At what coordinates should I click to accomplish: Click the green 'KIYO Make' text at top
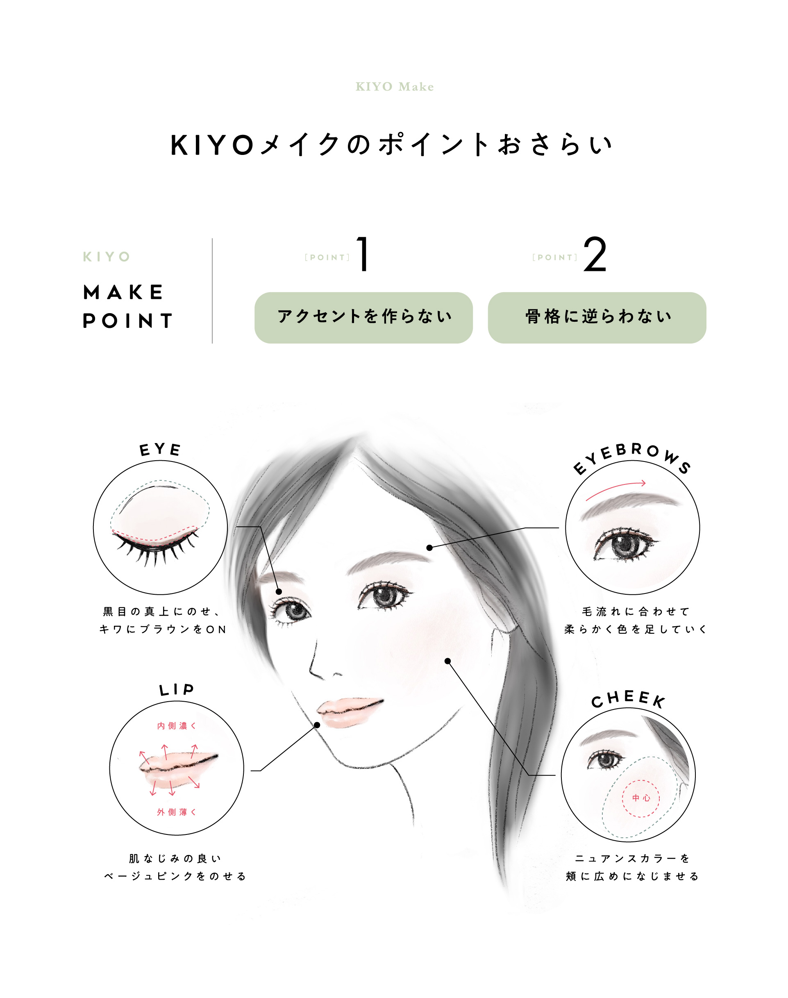(x=395, y=87)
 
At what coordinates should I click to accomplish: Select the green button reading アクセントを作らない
(x=363, y=318)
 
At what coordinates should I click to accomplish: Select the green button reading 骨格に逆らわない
(x=597, y=318)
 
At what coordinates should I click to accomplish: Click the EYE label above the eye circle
(x=160, y=449)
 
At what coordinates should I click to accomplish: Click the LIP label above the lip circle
(x=176, y=690)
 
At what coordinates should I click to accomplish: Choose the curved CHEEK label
(x=628, y=699)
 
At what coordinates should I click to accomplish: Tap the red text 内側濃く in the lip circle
(x=176, y=726)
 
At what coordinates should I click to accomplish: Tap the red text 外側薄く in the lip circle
(x=176, y=812)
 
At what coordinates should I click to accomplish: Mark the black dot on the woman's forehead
(x=429, y=548)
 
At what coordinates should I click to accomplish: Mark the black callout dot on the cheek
(x=447, y=661)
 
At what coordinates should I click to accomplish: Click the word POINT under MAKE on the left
(x=127, y=321)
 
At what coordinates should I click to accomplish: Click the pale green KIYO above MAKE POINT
(x=107, y=257)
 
